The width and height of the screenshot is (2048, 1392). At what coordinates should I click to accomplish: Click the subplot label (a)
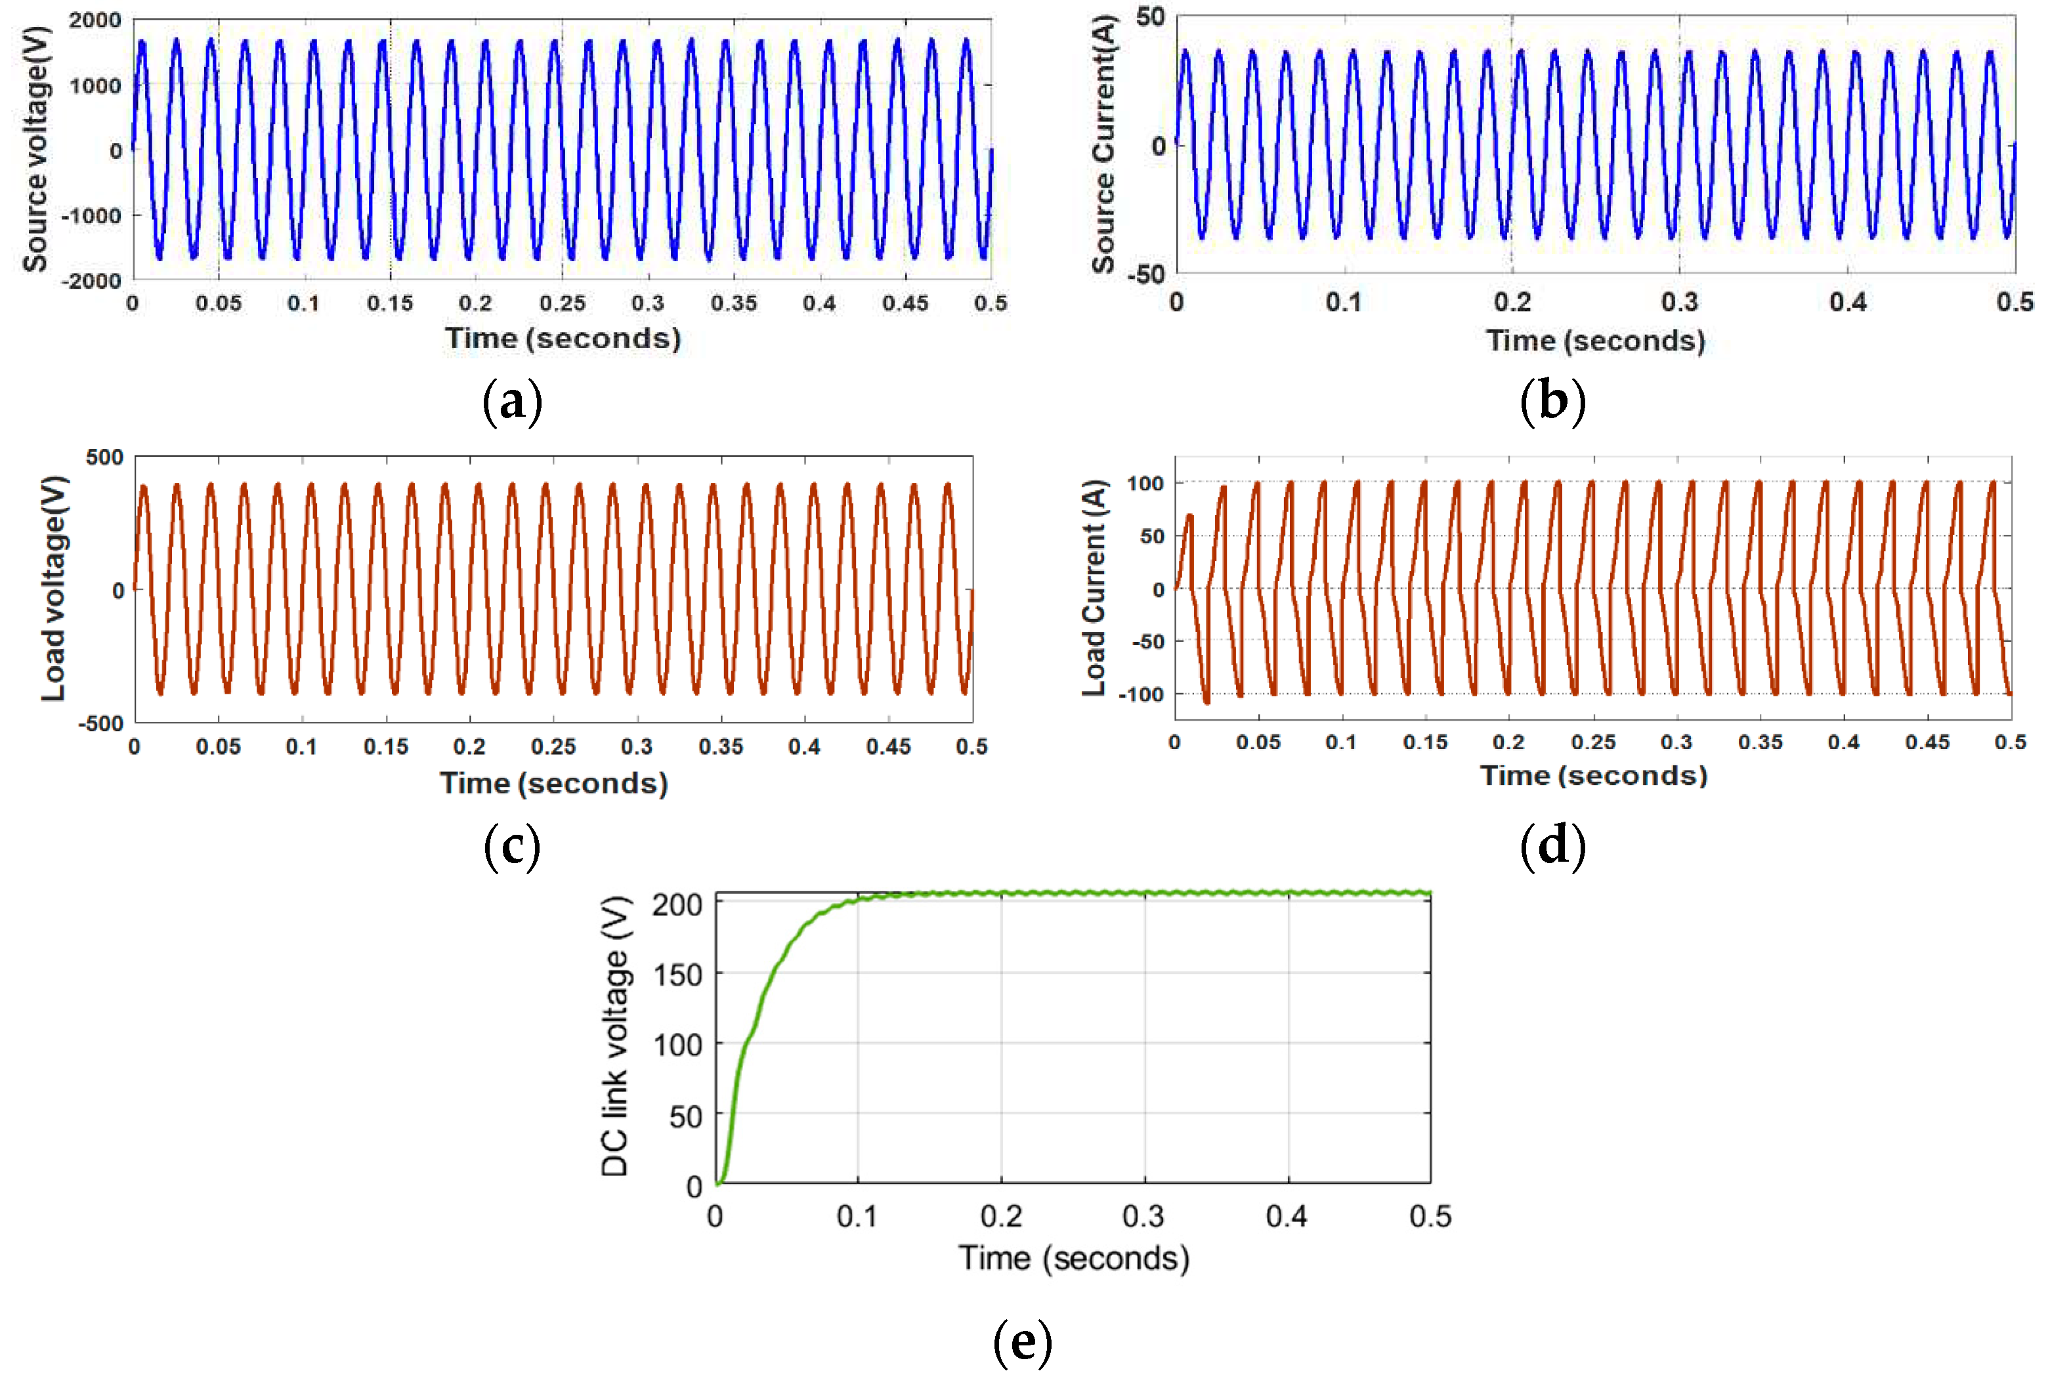point(512,402)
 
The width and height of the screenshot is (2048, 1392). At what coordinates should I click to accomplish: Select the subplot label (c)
point(512,846)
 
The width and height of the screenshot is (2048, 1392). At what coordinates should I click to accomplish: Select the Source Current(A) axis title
point(1104,145)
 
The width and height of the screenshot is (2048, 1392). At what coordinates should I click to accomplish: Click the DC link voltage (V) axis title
point(615,1036)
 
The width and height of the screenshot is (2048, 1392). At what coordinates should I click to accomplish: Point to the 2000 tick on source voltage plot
point(95,20)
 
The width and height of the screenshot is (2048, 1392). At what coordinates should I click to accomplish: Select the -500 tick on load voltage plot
point(100,723)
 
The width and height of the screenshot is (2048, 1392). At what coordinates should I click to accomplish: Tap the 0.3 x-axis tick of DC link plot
point(1144,1217)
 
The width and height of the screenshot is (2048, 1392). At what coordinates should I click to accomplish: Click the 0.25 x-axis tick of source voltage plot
point(563,303)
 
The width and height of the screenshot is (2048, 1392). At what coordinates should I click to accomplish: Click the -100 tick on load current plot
point(1141,694)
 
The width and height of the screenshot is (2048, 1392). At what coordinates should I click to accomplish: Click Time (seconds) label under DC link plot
point(1073,1259)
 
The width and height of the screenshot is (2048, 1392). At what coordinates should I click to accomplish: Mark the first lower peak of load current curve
point(1206,702)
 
